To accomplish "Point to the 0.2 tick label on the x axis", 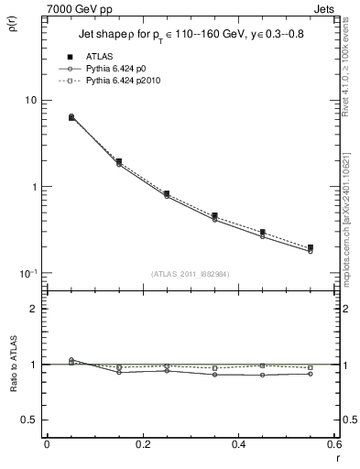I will click(x=142, y=444).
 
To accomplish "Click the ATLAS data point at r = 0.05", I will click(x=71, y=117).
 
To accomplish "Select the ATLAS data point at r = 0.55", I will click(x=311, y=247).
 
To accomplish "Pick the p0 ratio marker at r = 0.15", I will click(x=119, y=372).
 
